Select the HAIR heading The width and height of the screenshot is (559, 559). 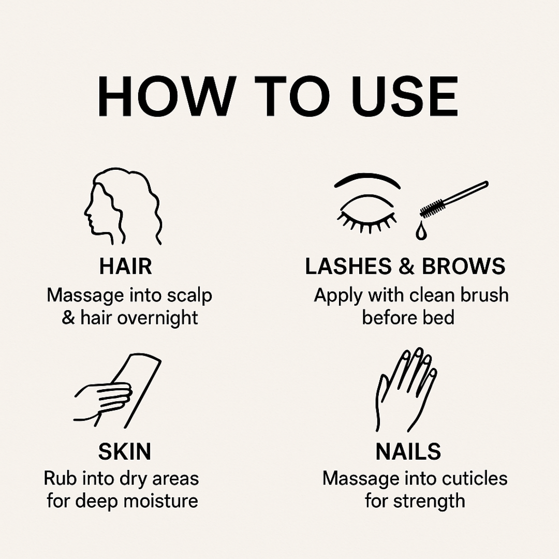125,267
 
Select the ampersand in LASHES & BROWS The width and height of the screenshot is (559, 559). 406,267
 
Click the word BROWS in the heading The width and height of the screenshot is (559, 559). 463,267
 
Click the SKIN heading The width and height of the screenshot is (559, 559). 125,451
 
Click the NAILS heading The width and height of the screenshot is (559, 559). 408,451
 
